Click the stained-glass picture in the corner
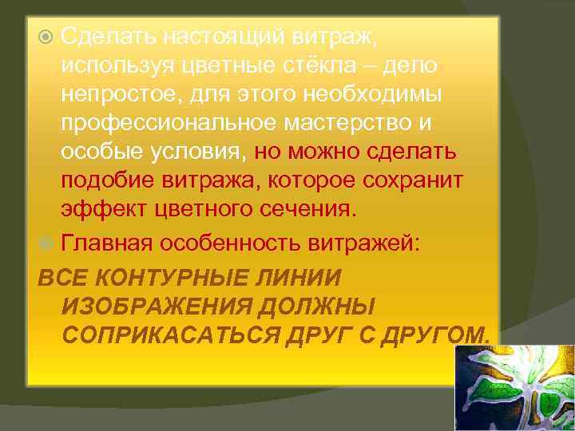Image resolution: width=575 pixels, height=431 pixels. (x=514, y=388)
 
